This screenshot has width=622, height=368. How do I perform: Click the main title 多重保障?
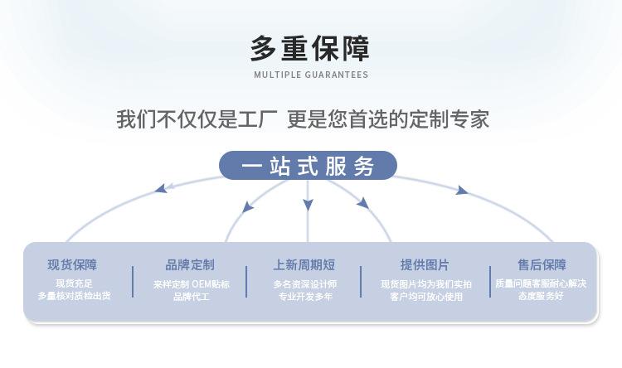tap(310, 48)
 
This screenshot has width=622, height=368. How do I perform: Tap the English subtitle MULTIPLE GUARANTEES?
tap(311, 75)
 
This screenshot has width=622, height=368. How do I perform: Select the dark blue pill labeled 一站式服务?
tap(308, 166)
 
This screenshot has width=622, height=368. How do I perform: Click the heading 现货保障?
tap(72, 264)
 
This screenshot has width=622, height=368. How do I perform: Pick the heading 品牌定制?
tap(190, 264)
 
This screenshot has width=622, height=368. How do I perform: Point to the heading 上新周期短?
tap(304, 264)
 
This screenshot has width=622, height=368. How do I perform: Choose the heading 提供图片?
tap(425, 264)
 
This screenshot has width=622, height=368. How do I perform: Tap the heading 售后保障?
tap(542, 264)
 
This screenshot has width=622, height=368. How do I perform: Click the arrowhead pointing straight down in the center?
tap(308, 205)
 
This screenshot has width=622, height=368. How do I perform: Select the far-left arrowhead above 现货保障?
tap(161, 188)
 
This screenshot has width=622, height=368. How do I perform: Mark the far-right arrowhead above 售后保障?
tap(461, 191)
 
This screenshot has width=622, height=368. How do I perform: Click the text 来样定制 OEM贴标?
tap(192, 284)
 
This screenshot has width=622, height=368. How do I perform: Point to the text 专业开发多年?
tap(305, 296)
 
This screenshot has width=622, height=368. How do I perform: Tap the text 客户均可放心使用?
tap(426, 296)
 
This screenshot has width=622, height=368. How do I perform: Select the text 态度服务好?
tap(541, 295)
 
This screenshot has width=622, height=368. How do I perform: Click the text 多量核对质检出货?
tap(74, 295)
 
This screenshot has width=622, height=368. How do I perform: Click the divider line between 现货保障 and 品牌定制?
tap(133, 282)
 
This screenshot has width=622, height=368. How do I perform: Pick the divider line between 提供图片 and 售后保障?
tap(490, 282)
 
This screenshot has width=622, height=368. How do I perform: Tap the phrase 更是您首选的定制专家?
tap(388, 119)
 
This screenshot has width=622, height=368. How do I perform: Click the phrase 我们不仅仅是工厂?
tap(197, 119)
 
